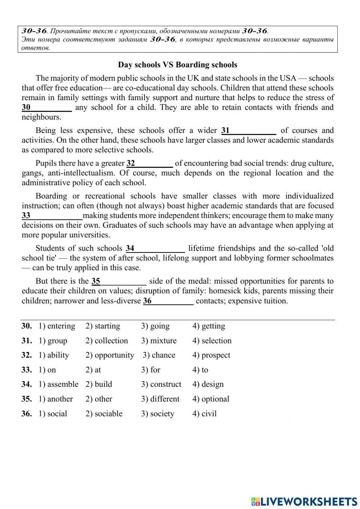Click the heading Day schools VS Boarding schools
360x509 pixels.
point(177,65)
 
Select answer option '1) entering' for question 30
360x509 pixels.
point(57,326)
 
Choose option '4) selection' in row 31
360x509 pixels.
point(212,341)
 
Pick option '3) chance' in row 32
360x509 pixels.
point(159,355)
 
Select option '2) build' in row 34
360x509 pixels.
point(99,384)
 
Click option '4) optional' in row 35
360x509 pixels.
point(211,399)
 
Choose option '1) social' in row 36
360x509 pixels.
point(53,414)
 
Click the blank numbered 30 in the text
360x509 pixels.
point(47,108)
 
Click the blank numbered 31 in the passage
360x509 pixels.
point(249,131)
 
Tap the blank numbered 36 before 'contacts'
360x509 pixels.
point(168,301)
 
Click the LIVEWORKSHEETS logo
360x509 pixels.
point(304,501)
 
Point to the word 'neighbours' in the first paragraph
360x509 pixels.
point(41,117)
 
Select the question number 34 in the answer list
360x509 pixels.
point(26,384)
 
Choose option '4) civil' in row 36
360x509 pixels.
point(204,414)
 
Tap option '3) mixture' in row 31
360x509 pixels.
point(159,341)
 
